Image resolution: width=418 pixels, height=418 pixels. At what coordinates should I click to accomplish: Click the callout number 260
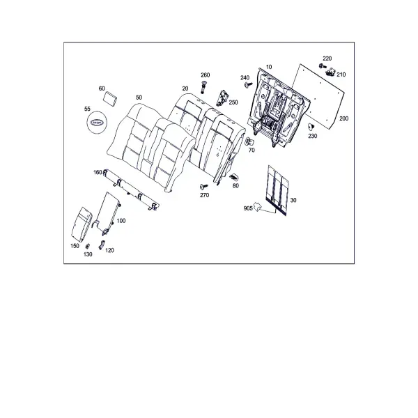point(206,75)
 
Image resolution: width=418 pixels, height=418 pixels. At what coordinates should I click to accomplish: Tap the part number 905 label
point(248,208)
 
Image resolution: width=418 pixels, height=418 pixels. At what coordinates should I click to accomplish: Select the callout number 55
point(87,109)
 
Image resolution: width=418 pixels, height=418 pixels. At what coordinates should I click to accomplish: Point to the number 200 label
point(344,118)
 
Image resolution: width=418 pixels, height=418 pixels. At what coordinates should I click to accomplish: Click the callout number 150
point(75,246)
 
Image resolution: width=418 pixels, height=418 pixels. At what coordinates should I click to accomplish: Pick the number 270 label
point(204,195)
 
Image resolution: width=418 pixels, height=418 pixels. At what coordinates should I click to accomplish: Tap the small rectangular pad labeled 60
point(110,98)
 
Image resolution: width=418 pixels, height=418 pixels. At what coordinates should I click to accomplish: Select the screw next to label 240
point(248,85)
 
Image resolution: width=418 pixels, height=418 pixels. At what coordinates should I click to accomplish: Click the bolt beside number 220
point(323,65)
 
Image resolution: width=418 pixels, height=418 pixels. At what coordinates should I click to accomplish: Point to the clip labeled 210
point(331,72)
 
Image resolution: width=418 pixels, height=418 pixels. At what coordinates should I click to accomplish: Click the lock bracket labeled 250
point(223,98)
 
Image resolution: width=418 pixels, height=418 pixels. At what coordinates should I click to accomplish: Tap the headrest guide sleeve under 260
point(203,86)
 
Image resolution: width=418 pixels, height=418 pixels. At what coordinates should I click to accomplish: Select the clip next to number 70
point(249,141)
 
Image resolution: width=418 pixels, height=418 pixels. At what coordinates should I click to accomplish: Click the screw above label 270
point(204,186)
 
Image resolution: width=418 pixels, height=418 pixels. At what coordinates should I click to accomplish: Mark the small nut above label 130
point(87,246)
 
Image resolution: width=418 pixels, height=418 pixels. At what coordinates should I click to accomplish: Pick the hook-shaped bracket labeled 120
point(102,245)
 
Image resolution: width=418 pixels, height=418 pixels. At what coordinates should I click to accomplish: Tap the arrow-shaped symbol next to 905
point(257,206)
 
